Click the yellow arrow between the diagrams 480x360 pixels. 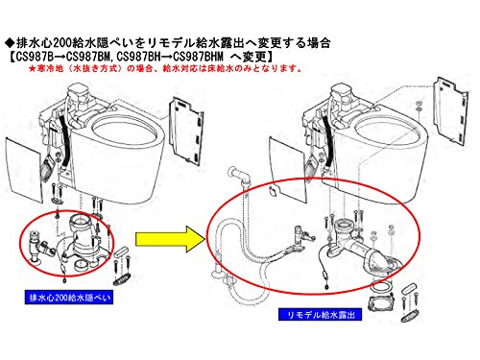(x=170, y=239)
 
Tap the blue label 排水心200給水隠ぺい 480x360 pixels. (x=69, y=298)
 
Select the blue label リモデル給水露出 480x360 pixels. (x=320, y=314)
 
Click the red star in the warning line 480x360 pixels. (x=32, y=68)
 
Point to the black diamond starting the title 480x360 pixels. (x=10, y=42)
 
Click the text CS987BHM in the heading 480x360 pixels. (x=198, y=57)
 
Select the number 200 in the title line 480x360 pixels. (x=62, y=42)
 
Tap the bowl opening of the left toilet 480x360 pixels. (x=125, y=130)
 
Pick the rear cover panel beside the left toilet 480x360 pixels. (x=186, y=132)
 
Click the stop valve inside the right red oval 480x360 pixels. (x=302, y=238)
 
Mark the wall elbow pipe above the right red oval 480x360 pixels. (x=239, y=176)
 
